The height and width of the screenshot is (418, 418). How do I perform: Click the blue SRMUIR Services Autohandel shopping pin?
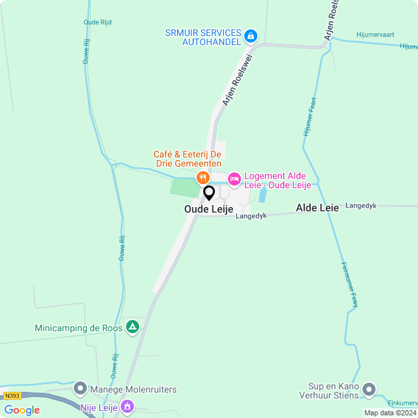pyautogui.click(x=251, y=36)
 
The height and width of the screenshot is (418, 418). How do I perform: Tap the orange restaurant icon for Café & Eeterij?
pyautogui.click(x=203, y=178)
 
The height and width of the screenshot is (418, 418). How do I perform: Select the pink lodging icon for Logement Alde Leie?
pyautogui.click(x=233, y=178)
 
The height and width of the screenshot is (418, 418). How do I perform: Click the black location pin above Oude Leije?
pyautogui.click(x=209, y=193)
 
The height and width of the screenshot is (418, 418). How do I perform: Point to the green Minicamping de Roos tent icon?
pyautogui.click(x=133, y=327)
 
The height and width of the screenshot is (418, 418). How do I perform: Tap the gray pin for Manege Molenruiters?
pyautogui.click(x=80, y=389)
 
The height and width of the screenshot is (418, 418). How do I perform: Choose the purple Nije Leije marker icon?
pyautogui.click(x=127, y=408)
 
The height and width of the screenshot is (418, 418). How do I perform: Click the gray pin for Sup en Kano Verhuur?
pyautogui.click(x=369, y=390)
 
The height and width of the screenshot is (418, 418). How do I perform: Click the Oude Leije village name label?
pyautogui.click(x=208, y=209)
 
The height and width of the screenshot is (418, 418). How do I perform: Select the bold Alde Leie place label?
pyautogui.click(x=317, y=208)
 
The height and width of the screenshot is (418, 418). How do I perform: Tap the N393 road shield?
pyautogui.click(x=12, y=396)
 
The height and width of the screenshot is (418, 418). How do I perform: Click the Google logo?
pyautogui.click(x=22, y=410)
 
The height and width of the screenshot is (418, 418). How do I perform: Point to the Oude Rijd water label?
pyautogui.click(x=97, y=22)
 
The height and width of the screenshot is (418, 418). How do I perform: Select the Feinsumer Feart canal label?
pyautogui.click(x=349, y=285)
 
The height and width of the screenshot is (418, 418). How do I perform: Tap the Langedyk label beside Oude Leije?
pyautogui.click(x=252, y=216)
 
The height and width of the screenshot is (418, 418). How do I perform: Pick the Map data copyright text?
pyautogui.click(x=390, y=413)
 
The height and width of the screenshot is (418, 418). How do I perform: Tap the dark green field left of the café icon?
pyautogui.click(x=184, y=187)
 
